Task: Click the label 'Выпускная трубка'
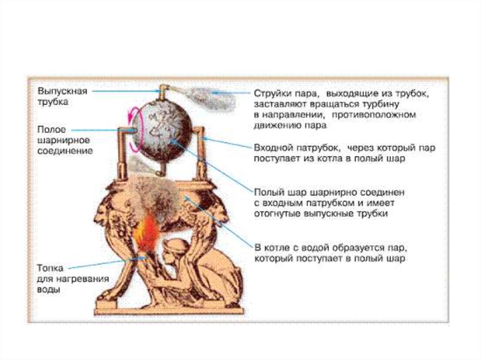[62, 96]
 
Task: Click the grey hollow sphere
[162, 131]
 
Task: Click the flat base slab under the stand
[169, 311]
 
